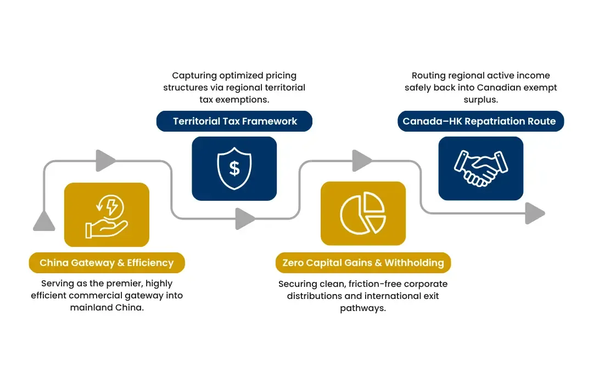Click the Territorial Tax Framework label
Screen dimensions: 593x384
[x=234, y=121]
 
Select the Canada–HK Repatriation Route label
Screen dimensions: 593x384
[x=480, y=121]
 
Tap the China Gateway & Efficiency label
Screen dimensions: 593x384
[x=107, y=263]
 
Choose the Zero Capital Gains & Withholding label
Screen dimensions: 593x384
[x=363, y=263]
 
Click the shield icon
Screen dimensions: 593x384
[x=234, y=168]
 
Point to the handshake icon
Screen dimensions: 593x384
[x=480, y=168]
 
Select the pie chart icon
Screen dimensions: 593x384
[x=363, y=213]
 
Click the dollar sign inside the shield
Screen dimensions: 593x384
[x=234, y=168]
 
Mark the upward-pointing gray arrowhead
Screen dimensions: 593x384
[x=44, y=221]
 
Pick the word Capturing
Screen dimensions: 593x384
[x=194, y=76]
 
